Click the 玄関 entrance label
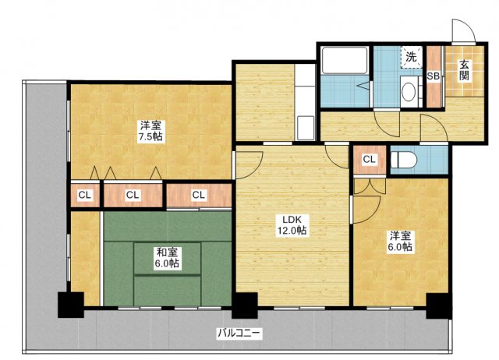(465, 71)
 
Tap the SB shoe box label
(434, 76)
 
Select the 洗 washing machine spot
(411, 57)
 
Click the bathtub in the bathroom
(345, 60)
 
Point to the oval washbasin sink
(409, 91)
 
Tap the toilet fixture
(404, 160)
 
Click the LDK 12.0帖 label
(292, 225)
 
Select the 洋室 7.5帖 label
(151, 131)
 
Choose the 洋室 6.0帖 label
(400, 242)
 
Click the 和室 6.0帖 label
(167, 258)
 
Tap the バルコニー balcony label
(239, 334)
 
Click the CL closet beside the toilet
(370, 159)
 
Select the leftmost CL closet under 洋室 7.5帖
(85, 196)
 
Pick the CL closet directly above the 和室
(199, 195)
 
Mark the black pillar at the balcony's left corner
(71, 305)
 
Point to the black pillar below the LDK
(244, 305)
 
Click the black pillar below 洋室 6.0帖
(439, 305)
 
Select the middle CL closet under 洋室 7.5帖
(133, 196)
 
